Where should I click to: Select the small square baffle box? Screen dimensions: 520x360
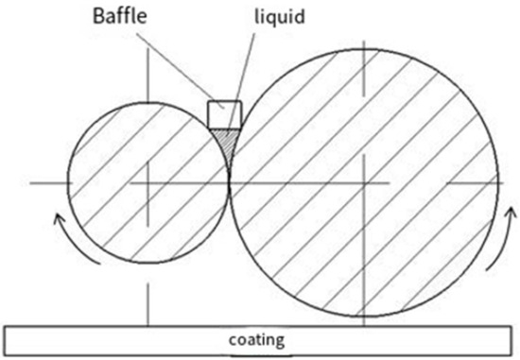coord(223,113)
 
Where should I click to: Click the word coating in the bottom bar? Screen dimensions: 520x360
coord(260,338)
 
